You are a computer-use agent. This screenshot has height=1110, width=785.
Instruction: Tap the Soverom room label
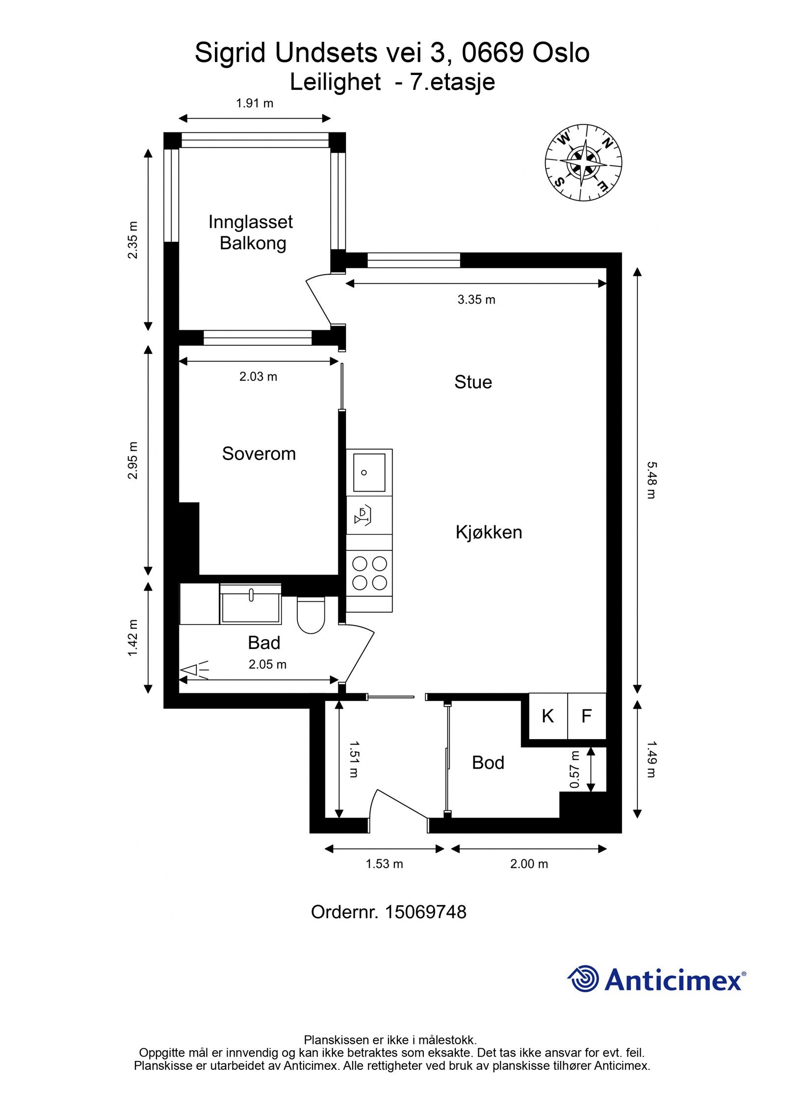tap(259, 454)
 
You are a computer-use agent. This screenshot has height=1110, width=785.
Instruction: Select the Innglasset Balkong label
tap(251, 232)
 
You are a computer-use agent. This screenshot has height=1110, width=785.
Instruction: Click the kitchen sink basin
tap(368, 472)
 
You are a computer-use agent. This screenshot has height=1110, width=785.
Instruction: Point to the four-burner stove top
tap(369, 572)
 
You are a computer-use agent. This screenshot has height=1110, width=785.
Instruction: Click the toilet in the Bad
tap(311, 616)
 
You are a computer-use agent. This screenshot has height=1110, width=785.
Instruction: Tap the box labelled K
tap(548, 717)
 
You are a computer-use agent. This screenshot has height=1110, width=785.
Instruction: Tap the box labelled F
tap(586, 717)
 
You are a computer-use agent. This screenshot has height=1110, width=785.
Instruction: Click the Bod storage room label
tap(488, 763)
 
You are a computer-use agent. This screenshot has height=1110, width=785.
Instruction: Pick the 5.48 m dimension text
tap(651, 480)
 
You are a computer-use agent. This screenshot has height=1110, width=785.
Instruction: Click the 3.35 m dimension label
tap(476, 300)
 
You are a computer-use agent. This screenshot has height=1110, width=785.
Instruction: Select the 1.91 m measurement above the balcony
tap(255, 103)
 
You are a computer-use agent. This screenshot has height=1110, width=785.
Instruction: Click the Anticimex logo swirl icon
tap(583, 979)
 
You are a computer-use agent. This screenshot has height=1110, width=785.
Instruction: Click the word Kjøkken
tap(489, 533)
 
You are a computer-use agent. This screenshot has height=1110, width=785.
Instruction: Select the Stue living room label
tap(473, 382)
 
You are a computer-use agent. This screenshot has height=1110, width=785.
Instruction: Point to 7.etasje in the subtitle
tap(452, 82)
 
